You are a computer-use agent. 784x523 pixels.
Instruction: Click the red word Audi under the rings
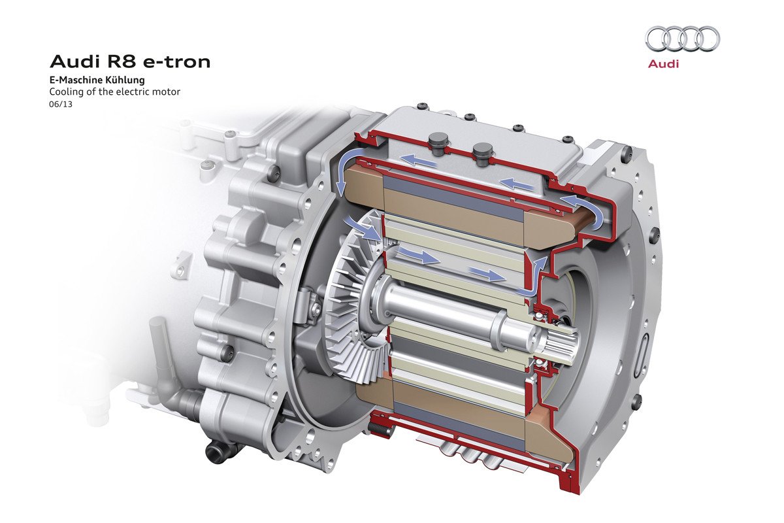[x=663, y=64]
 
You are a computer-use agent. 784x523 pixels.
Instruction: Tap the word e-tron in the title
[x=177, y=62]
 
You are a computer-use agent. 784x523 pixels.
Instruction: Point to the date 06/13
[x=61, y=104]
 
